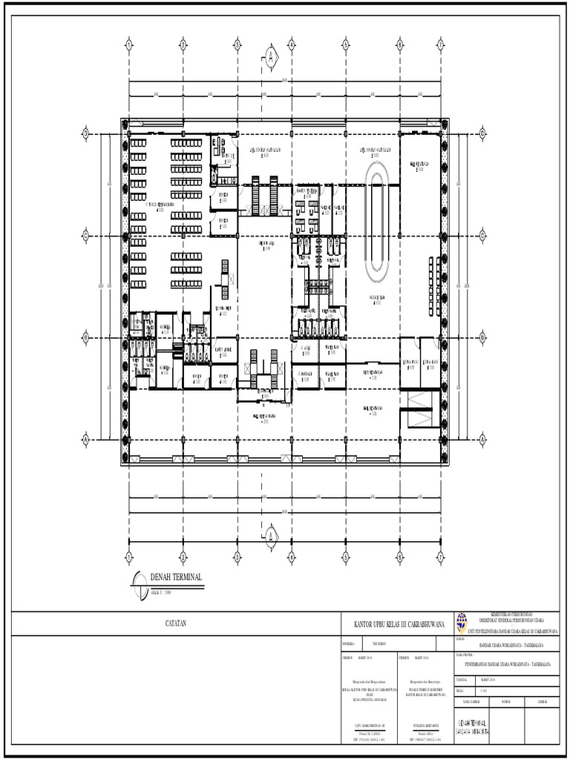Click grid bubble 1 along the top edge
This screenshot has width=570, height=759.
point(129,44)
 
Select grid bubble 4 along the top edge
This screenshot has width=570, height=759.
point(292,44)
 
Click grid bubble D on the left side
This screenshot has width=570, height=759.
point(86,133)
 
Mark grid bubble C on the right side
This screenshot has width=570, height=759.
point(482,235)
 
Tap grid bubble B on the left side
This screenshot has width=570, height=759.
point(86,338)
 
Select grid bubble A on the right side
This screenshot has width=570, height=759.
point(482,439)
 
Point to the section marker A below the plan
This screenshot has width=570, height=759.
point(271,533)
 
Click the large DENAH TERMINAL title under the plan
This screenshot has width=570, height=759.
point(176,577)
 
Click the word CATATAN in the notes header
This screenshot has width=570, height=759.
point(176,624)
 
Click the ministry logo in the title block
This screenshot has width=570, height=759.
point(462,621)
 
